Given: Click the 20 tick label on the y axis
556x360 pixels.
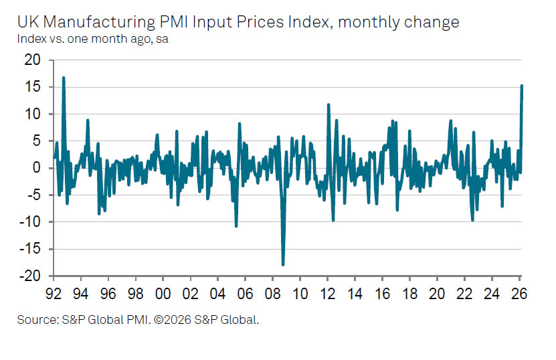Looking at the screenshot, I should (x=32, y=60).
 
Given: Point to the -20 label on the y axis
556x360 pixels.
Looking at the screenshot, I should (x=29, y=276).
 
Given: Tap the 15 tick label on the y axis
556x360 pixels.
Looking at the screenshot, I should (x=32, y=87).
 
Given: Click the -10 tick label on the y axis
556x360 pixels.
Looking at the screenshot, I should (x=29, y=222).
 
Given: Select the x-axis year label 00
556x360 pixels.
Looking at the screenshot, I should (x=163, y=294).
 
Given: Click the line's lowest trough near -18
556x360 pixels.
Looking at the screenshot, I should (x=283, y=265).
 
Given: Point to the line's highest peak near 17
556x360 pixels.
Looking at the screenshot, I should (x=64, y=78).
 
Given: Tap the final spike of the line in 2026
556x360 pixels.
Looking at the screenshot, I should (x=522, y=86).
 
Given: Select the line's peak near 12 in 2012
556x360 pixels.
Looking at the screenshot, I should (x=329, y=104).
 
